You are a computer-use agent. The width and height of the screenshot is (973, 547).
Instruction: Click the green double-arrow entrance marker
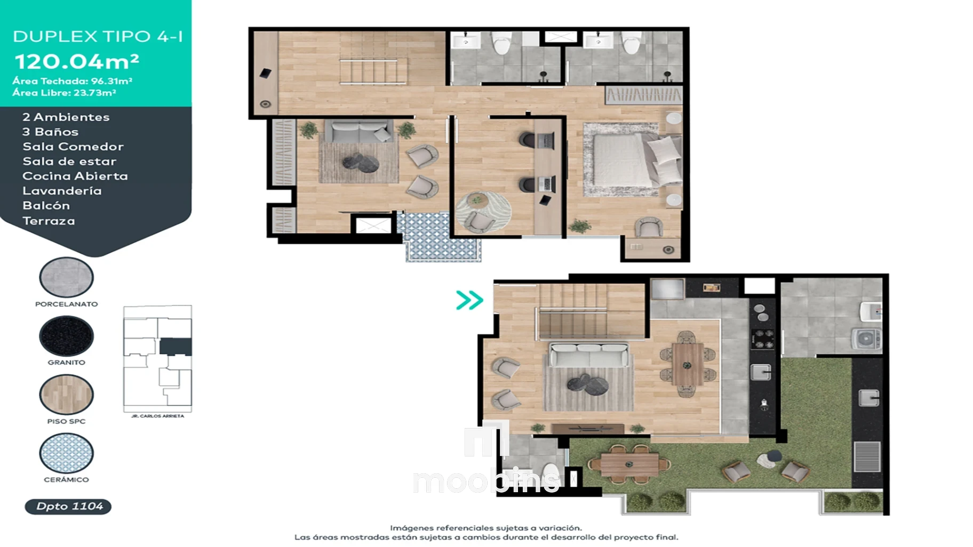(469, 300)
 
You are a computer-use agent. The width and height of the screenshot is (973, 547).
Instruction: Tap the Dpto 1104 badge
(68, 506)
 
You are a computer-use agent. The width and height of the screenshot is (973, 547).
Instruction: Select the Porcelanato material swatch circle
(67, 277)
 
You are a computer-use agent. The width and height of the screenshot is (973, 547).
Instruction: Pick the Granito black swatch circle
(67, 336)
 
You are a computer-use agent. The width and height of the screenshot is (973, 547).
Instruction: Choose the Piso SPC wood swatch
(67, 395)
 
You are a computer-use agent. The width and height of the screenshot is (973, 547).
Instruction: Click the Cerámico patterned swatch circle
(67, 453)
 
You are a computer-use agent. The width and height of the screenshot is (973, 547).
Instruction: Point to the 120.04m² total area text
(77, 62)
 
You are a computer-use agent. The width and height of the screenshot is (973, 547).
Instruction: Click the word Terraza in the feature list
(49, 221)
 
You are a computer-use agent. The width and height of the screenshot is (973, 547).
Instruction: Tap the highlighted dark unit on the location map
(176, 347)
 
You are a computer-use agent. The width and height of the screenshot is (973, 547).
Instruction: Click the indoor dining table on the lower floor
(688, 364)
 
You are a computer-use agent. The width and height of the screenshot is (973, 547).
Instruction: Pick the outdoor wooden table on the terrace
(629, 464)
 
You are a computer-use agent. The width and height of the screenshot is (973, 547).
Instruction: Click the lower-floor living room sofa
(589, 355)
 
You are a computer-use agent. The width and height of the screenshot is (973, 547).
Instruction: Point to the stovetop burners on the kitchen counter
(762, 339)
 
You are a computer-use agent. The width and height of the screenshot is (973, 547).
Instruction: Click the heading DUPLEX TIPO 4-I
(98, 36)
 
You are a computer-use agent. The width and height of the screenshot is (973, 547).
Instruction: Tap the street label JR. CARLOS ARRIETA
(157, 416)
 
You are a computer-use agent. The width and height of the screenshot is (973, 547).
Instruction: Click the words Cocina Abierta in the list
(75, 176)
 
